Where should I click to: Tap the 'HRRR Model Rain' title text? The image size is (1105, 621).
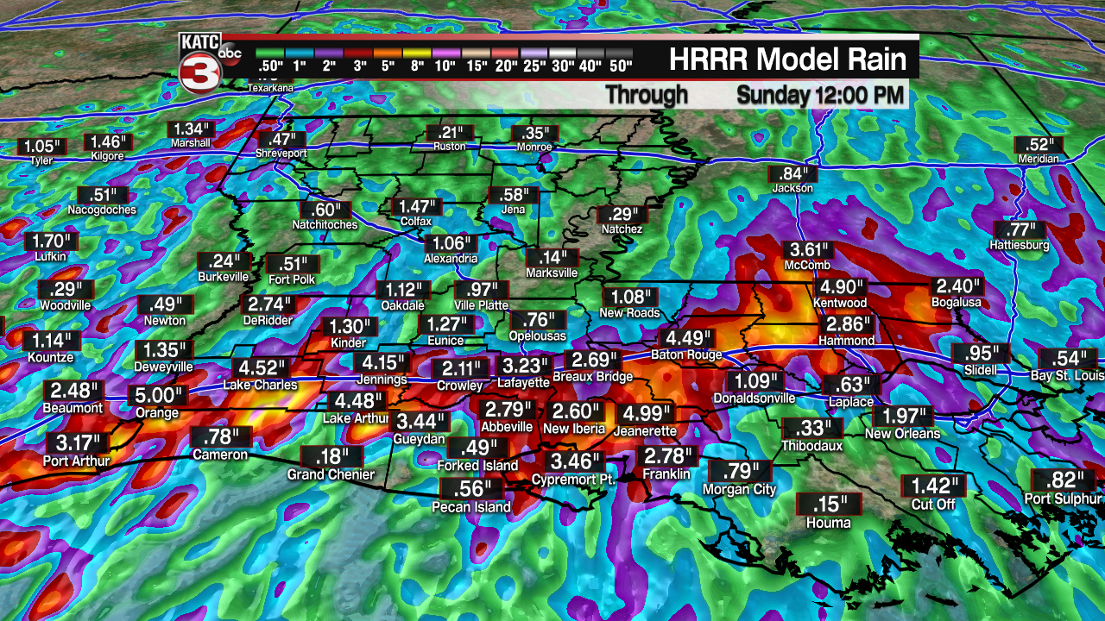787,60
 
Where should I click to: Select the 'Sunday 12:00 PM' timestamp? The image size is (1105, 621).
820,94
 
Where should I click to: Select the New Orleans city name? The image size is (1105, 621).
902,434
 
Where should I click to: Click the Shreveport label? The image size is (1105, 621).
281,153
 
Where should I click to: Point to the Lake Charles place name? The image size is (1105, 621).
261,385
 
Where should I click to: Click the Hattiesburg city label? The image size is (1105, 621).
1020,246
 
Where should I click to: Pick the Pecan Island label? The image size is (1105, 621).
471,507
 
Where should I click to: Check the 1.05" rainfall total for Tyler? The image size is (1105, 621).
41,147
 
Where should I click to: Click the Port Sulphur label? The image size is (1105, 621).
1064,499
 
